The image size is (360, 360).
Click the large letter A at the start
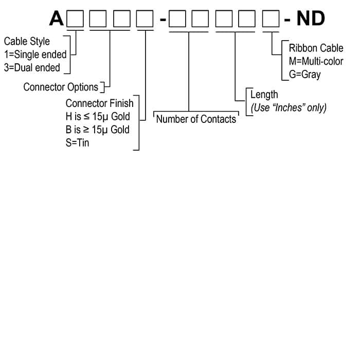(x=57, y=19)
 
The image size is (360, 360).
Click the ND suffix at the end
(x=311, y=19)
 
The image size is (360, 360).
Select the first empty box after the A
(x=76, y=19)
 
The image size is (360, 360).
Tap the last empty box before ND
(x=272, y=19)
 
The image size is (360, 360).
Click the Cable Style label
(x=27, y=41)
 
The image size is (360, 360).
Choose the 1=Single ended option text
(x=35, y=55)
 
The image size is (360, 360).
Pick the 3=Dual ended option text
(x=32, y=67)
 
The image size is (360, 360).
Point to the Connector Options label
(x=61, y=87)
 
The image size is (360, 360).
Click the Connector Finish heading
(x=99, y=103)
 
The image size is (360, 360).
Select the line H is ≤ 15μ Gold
(x=98, y=116)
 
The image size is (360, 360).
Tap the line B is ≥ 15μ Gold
(x=98, y=130)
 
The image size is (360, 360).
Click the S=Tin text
(x=78, y=143)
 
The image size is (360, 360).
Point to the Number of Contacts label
(x=196, y=119)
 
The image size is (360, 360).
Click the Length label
(x=264, y=95)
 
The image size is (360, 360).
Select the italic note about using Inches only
(x=289, y=107)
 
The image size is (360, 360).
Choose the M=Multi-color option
(x=316, y=62)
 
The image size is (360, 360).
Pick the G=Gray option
(x=304, y=75)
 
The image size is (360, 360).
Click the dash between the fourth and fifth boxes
(x=163, y=20)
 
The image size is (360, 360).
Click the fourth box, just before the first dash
(x=145, y=19)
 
